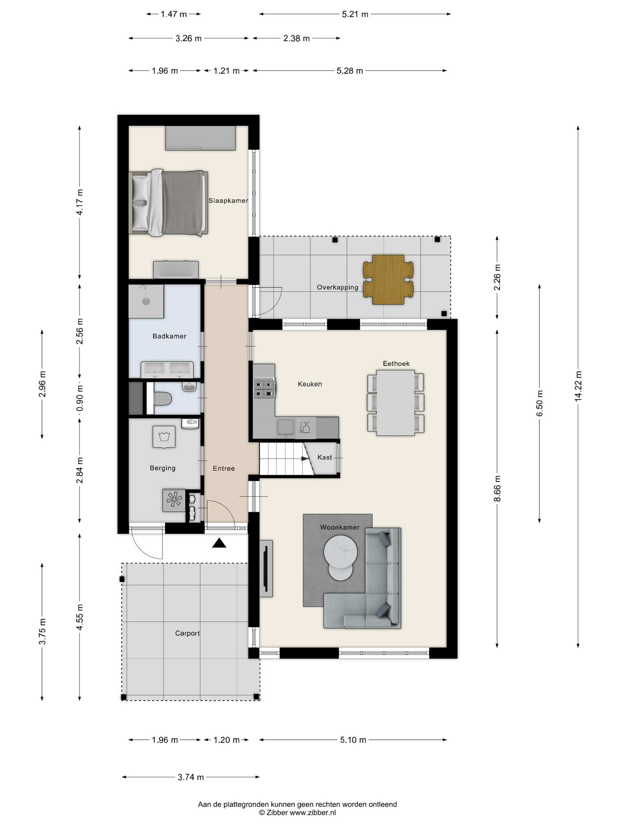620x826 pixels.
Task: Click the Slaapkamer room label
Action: [228, 201]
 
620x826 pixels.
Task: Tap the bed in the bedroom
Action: [168, 203]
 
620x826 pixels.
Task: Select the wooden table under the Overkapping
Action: [388, 280]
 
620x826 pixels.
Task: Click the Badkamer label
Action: [169, 336]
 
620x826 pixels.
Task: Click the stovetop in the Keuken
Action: [265, 388]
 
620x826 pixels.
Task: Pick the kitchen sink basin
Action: [286, 427]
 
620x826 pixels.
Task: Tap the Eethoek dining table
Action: [395, 403]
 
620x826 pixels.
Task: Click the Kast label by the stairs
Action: [325, 458]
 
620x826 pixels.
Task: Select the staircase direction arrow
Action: [305, 458]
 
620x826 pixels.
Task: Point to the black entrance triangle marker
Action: [219, 543]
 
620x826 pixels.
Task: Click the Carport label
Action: [187, 633]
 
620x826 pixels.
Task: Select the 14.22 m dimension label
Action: [578, 386]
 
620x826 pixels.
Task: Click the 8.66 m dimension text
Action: [497, 489]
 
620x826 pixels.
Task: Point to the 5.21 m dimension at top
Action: [355, 14]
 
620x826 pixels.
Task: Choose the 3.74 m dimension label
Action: [191, 777]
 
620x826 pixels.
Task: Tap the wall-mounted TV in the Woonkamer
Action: [266, 569]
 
